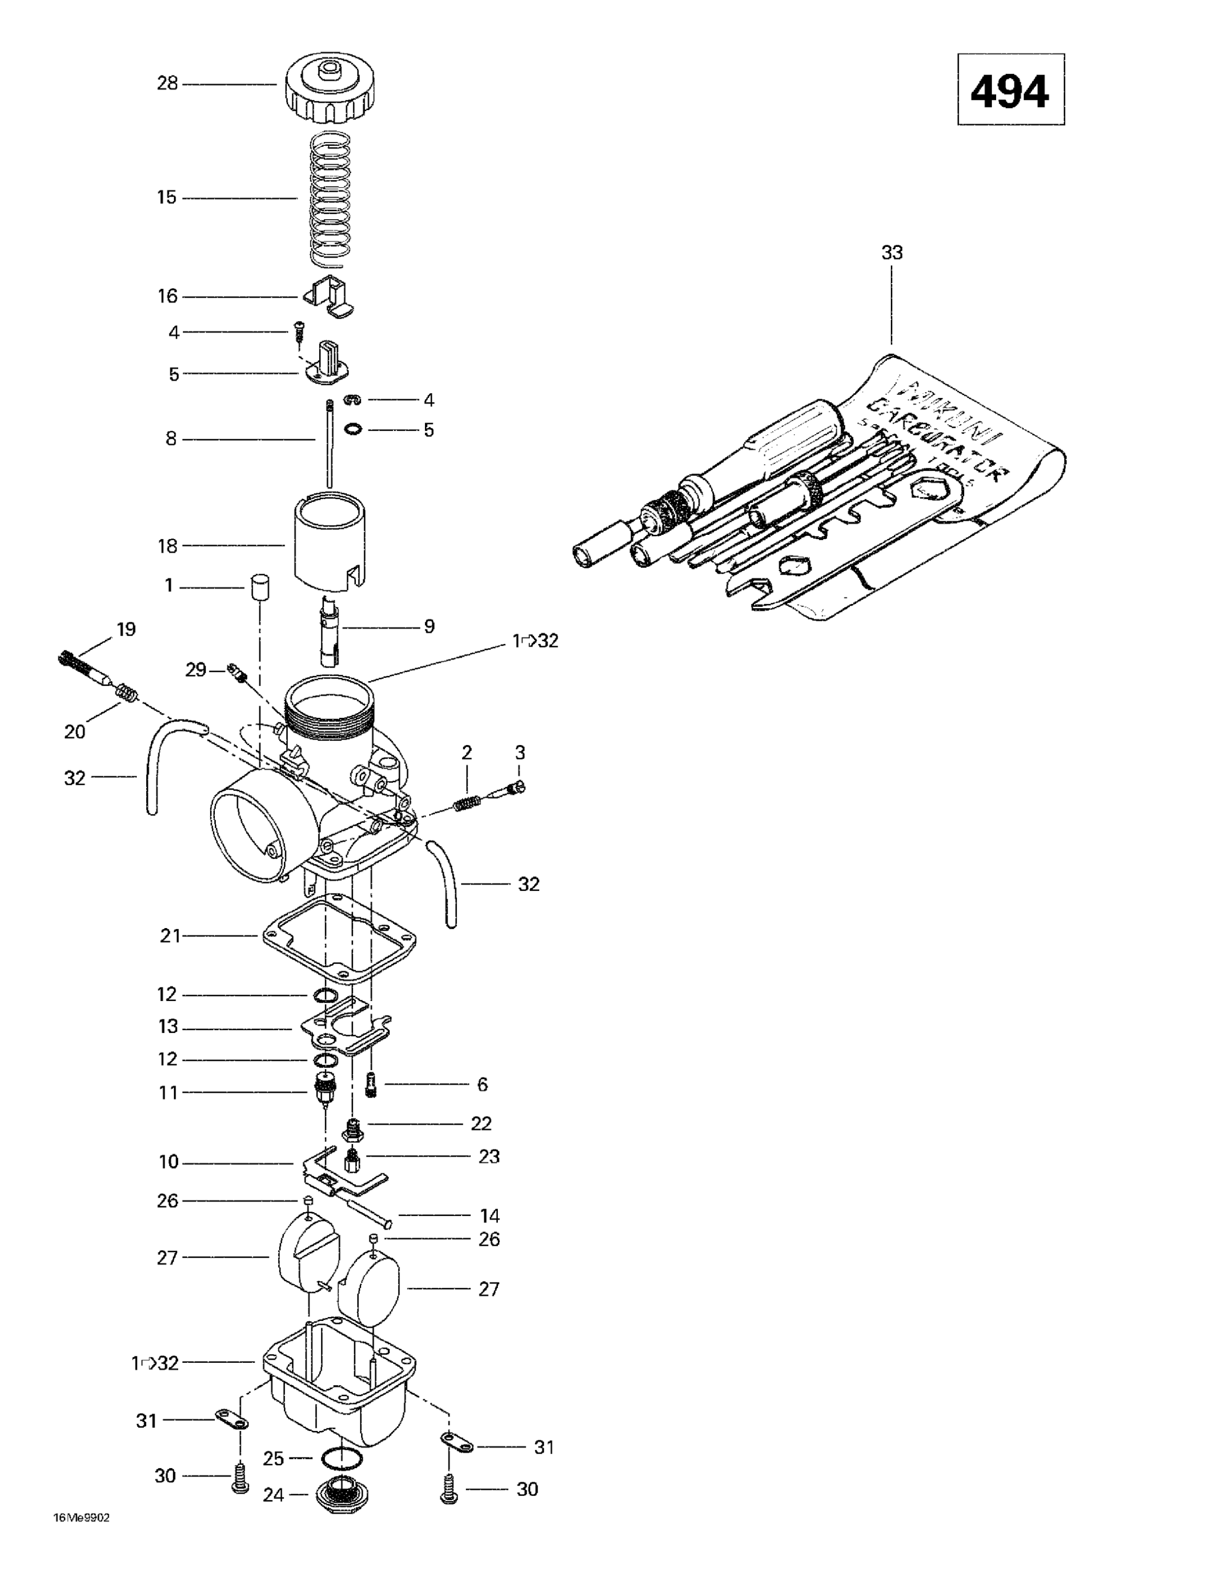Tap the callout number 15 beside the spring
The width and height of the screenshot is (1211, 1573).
click(167, 197)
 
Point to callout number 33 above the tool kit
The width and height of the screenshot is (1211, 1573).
click(891, 253)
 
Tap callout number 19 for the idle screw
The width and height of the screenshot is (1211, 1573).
click(126, 630)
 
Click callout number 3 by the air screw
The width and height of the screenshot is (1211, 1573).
click(520, 752)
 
